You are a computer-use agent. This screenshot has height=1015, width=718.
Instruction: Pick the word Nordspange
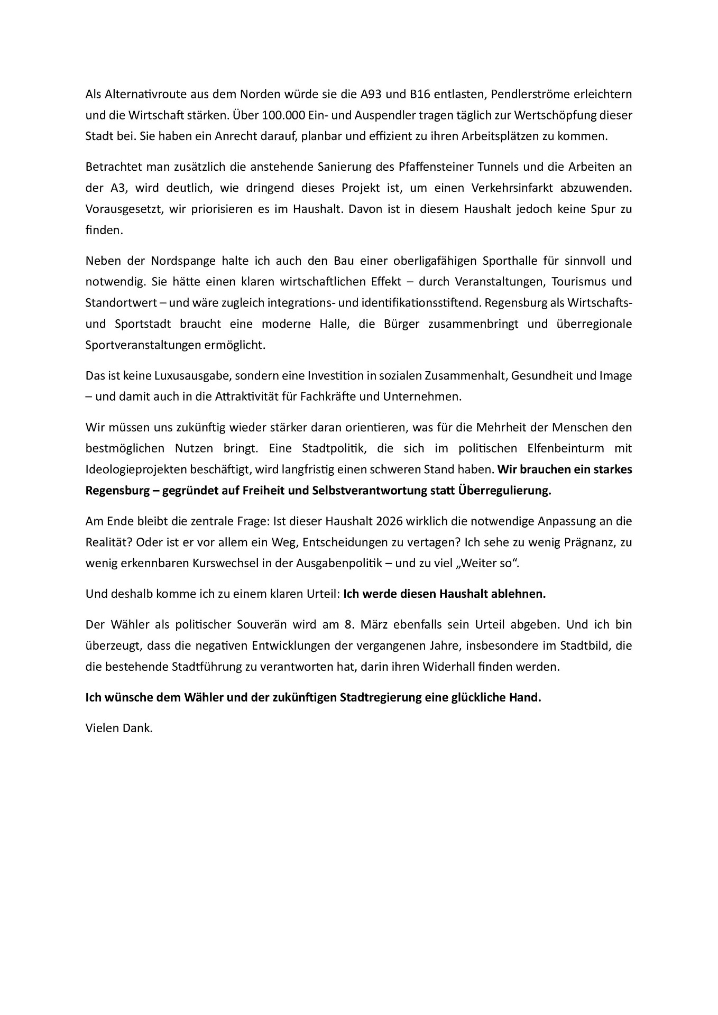pyautogui.click(x=179, y=261)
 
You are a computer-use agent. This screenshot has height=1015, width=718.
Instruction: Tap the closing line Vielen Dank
pyautogui.click(x=119, y=728)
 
